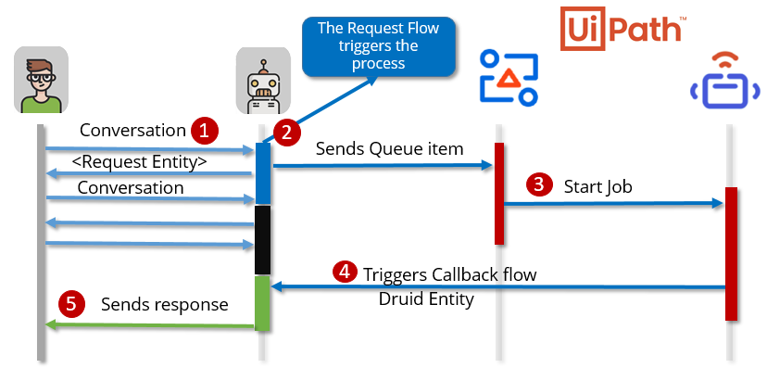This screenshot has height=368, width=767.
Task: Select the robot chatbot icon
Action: click(x=262, y=82)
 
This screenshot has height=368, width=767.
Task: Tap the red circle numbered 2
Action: click(x=286, y=133)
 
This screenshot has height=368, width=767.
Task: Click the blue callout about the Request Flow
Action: click(x=379, y=44)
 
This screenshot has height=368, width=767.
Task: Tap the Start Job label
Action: click(x=597, y=186)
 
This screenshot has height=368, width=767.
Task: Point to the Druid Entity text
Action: click(x=427, y=298)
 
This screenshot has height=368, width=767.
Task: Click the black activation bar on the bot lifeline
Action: click(x=262, y=239)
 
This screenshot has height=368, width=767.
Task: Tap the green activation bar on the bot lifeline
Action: click(x=262, y=302)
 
